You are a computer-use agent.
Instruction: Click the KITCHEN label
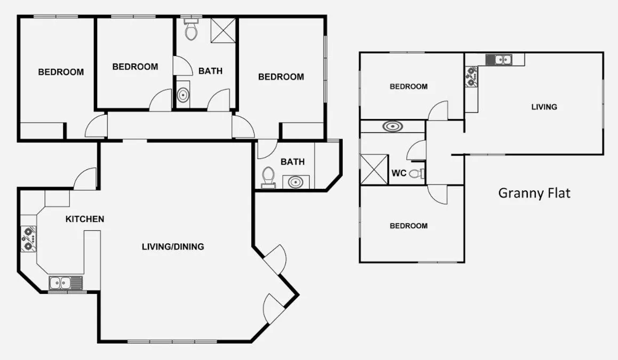tap(84, 219)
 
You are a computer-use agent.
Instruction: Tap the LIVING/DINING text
tap(173, 246)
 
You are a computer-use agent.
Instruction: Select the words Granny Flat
tap(534, 193)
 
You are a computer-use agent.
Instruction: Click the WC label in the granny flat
tap(400, 173)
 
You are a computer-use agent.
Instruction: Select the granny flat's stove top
tap(471, 76)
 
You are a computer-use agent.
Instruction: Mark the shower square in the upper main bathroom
tap(223, 30)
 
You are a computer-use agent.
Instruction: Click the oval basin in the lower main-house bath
tap(295, 182)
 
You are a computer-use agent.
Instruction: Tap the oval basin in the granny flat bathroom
tap(393, 126)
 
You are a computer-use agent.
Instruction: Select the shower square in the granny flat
tap(374, 169)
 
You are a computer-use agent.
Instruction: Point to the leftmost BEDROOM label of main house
tap(61, 72)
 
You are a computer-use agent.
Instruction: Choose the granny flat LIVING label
tap(544, 107)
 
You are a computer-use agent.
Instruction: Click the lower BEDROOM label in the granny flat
tap(408, 226)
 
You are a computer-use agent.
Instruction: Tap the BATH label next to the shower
tap(210, 70)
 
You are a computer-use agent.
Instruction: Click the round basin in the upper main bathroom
tap(183, 96)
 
